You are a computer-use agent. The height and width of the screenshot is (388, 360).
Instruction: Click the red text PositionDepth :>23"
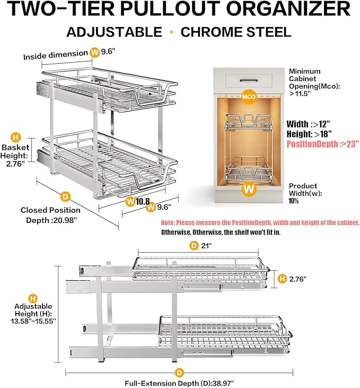[321, 143]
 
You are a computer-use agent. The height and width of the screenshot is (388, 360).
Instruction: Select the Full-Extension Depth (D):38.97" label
[179, 382]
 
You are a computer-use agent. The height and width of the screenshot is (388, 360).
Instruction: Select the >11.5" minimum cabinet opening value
[300, 93]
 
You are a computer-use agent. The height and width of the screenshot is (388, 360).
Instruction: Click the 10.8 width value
[144, 201]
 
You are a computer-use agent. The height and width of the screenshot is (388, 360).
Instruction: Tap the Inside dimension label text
[55, 53]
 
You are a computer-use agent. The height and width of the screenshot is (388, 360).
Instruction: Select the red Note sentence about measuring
[260, 223]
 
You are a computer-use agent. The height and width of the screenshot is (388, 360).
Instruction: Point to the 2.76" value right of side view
[298, 279]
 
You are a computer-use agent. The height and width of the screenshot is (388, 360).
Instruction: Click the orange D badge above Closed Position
[65, 196]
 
